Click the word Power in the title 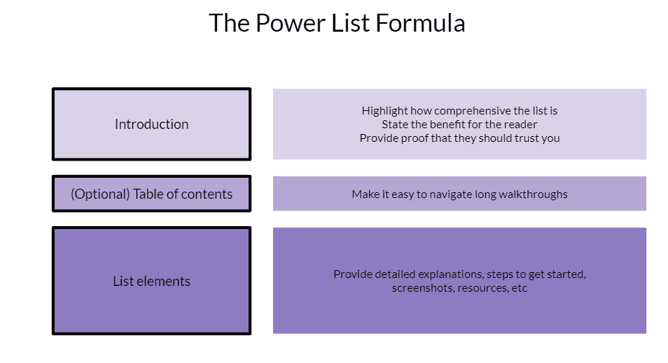tap(290, 23)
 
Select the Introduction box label tap(151, 125)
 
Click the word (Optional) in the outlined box tap(100, 194)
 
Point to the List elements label tap(151, 282)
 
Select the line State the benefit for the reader tap(459, 125)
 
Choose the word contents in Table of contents tap(207, 194)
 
